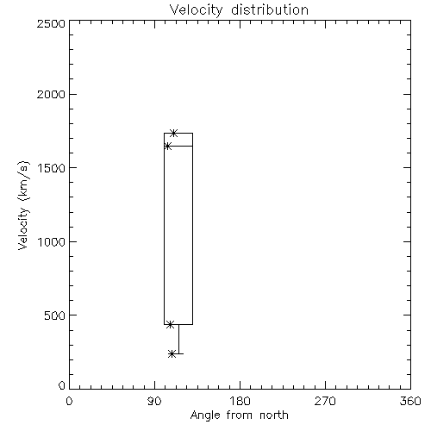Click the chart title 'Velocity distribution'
[x=239, y=9]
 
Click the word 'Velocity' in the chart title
[x=196, y=10]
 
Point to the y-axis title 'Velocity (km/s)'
[x=23, y=205]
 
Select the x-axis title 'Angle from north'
[x=239, y=415]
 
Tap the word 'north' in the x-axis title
[x=274, y=415]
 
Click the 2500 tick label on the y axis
[x=51, y=23]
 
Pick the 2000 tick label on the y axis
[x=51, y=94]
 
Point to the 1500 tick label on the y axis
[x=51, y=168]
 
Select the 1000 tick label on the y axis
[x=51, y=242]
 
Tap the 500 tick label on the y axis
[x=54, y=315]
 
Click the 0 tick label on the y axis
[x=62, y=385]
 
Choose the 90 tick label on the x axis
[x=154, y=401]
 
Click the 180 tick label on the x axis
[x=240, y=401]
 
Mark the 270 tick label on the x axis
[x=325, y=401]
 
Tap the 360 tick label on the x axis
[x=410, y=401]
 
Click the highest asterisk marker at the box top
[x=173, y=133]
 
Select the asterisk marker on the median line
[x=167, y=146]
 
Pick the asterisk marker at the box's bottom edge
[x=170, y=325]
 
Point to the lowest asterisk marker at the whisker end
[x=172, y=353]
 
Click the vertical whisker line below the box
[x=178, y=339]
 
